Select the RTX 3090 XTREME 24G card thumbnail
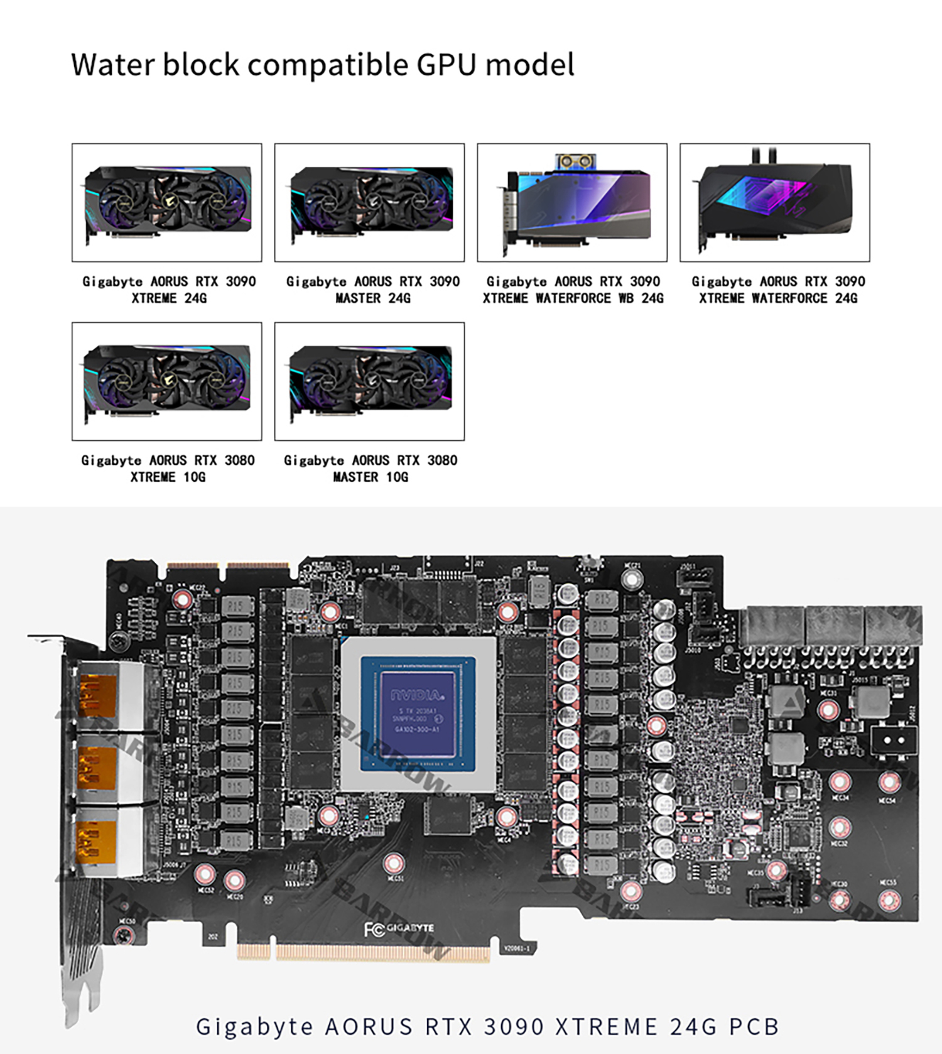point(167,202)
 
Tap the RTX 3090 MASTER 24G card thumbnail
point(369,202)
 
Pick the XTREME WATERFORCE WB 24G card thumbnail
point(572,202)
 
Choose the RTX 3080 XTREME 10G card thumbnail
point(167,381)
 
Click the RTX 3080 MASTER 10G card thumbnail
point(369,381)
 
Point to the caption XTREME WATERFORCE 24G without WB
point(778,298)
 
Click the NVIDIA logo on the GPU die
point(418,695)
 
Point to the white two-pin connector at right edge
point(894,740)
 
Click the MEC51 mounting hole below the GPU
point(393,864)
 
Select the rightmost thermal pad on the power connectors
point(894,626)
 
